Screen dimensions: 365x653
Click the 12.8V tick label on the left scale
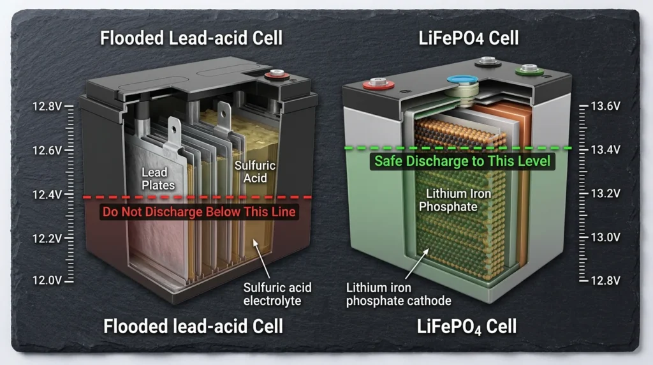46,106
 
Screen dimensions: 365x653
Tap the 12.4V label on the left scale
46,194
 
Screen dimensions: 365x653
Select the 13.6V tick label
606,106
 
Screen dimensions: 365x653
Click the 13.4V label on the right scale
606,150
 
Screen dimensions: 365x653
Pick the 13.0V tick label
606,237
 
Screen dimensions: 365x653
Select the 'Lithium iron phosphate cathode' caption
399,294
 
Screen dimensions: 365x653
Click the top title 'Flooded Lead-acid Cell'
191,38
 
